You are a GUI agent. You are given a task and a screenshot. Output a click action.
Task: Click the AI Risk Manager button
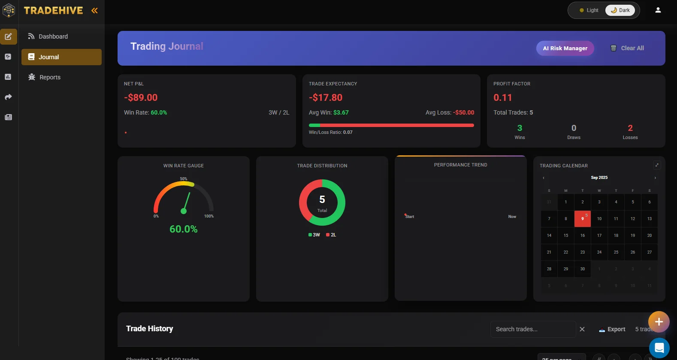pos(565,48)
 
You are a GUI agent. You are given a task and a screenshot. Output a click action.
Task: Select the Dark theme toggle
pos(620,10)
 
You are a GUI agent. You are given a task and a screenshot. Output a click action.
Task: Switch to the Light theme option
pos(589,10)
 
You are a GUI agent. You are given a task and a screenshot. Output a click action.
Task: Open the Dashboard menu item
pos(53,36)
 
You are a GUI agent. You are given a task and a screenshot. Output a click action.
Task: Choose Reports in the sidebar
pos(50,77)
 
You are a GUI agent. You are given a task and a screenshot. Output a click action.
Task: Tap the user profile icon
pos(658,10)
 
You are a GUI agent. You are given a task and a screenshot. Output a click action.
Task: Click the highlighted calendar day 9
pos(582,219)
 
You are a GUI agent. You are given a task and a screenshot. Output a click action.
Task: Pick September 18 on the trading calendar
pos(616,236)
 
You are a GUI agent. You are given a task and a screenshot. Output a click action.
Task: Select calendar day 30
pos(582,269)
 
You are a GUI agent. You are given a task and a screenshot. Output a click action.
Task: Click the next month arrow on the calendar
pos(655,178)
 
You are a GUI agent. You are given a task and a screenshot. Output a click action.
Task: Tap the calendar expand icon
pos(656,165)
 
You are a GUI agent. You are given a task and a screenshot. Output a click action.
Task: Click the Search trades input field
pos(532,329)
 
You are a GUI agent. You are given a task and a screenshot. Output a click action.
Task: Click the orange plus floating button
pos(659,322)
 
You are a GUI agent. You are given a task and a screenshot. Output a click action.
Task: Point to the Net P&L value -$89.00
pos(141,97)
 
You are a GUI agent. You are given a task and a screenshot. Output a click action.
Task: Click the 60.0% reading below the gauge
pos(184,229)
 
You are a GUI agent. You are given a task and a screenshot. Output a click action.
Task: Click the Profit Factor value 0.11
pos(502,97)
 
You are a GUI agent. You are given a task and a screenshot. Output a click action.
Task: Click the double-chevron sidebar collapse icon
pos(94,11)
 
